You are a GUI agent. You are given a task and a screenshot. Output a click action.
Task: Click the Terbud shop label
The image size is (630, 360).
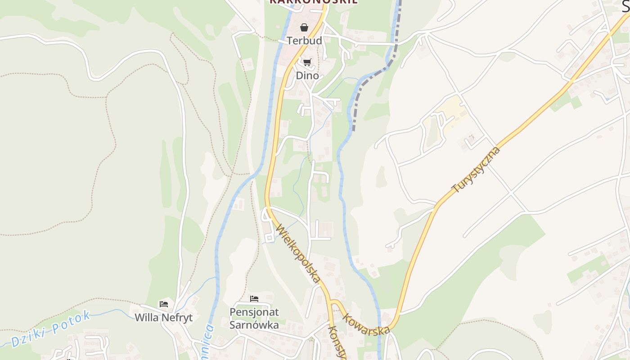click(x=305, y=40)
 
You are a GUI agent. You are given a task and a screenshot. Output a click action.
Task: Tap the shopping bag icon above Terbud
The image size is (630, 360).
click(x=304, y=27)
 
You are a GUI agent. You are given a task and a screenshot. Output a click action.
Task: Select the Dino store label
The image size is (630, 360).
click(x=307, y=75)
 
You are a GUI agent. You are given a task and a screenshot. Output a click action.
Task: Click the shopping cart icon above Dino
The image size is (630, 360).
click(x=307, y=62)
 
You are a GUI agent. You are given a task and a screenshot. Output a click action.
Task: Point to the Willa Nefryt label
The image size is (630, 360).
click(x=164, y=317)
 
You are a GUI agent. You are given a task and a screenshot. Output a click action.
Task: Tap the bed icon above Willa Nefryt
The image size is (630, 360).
click(x=164, y=304)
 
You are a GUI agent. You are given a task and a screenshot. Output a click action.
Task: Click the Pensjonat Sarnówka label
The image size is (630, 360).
click(x=254, y=318)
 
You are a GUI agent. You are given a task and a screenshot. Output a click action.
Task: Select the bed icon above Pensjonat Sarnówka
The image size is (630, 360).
click(x=254, y=298)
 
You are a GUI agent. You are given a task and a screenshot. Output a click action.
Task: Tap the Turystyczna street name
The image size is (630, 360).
click(x=476, y=170)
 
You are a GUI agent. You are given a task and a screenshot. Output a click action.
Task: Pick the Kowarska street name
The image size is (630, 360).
click(x=366, y=324)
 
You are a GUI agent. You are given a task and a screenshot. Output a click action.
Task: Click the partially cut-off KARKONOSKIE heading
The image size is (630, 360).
click(x=314, y=2)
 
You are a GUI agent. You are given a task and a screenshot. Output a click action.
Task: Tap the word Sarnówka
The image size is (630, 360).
click(x=254, y=324)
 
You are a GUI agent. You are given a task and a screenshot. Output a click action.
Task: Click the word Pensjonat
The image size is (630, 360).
click(x=254, y=312)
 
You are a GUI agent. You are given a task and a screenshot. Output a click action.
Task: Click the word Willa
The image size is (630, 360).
click(x=147, y=317)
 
